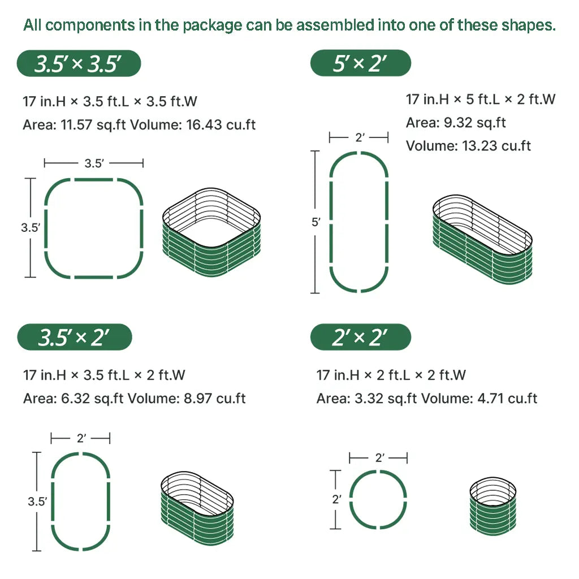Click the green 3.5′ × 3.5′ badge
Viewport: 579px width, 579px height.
pyautogui.click(x=79, y=63)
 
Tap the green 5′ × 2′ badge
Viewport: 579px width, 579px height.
pyautogui.click(x=360, y=63)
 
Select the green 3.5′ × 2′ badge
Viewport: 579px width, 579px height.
pyautogui.click(x=75, y=338)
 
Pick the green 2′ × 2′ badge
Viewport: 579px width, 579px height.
pyautogui.click(x=360, y=338)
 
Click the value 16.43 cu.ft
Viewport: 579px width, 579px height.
pyautogui.click(x=221, y=124)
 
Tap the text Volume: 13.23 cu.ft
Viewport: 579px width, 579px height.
pyautogui.click(x=468, y=146)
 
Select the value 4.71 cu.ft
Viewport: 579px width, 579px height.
pyautogui.click(x=505, y=398)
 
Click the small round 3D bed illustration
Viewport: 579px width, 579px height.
pyautogui.click(x=492, y=506)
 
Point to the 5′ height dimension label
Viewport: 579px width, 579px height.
pyautogui.click(x=316, y=222)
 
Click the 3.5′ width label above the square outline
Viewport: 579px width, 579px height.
pyautogui.click(x=94, y=163)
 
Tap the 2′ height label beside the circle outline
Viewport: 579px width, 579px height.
pyautogui.click(x=336, y=499)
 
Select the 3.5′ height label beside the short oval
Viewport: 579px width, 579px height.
pyautogui.click(x=37, y=500)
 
